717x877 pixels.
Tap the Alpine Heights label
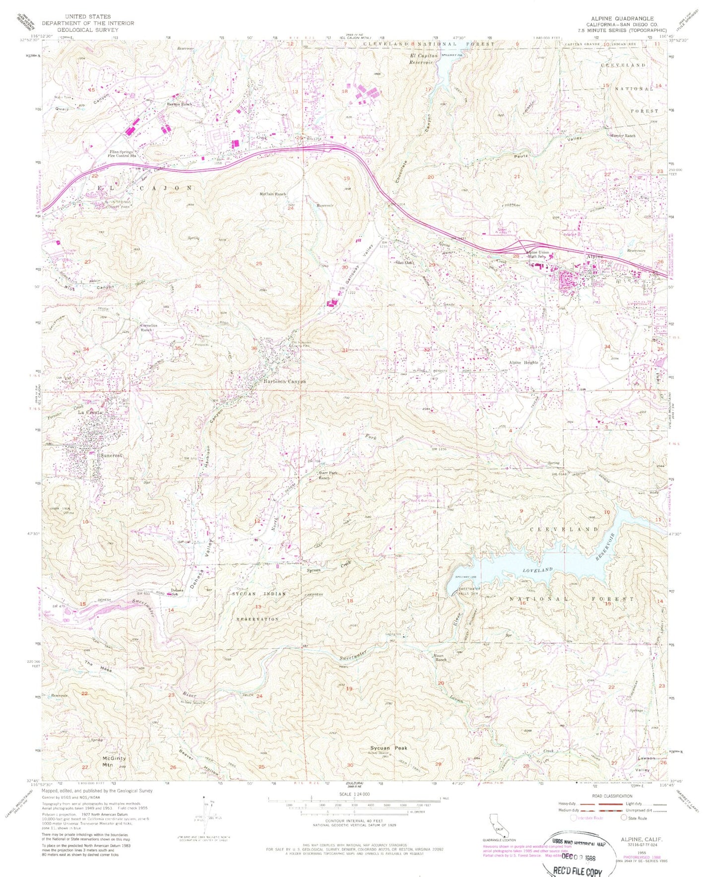point(525,363)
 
